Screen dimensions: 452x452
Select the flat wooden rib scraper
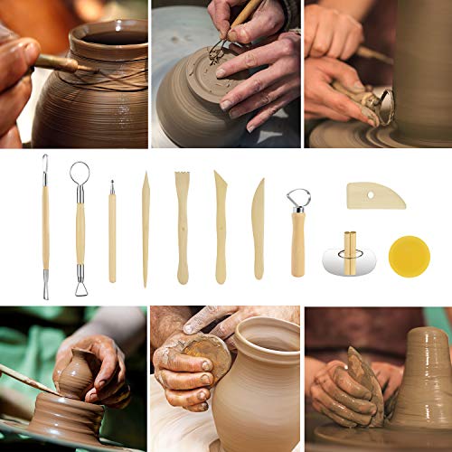point(375,194)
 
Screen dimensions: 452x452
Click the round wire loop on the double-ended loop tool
point(79,172)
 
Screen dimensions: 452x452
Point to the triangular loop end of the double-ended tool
point(81,287)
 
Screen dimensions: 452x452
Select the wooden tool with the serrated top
point(182,226)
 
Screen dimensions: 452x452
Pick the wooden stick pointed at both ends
point(146,230)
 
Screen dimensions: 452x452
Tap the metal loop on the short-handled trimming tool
point(298,199)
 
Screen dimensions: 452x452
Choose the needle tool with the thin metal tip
point(112,231)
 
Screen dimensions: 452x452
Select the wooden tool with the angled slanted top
point(220,226)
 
